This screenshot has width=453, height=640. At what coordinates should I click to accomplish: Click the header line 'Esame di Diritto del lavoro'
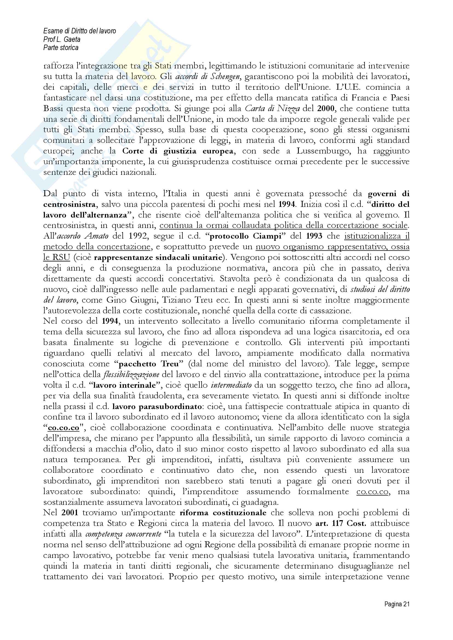point(79,31)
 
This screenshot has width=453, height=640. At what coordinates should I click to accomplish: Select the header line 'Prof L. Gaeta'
point(62,39)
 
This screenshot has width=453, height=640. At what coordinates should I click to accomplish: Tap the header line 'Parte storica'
point(61,48)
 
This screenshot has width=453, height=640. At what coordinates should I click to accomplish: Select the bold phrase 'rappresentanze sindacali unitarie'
point(157,257)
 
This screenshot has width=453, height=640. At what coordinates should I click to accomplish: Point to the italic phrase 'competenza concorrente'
point(123,534)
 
